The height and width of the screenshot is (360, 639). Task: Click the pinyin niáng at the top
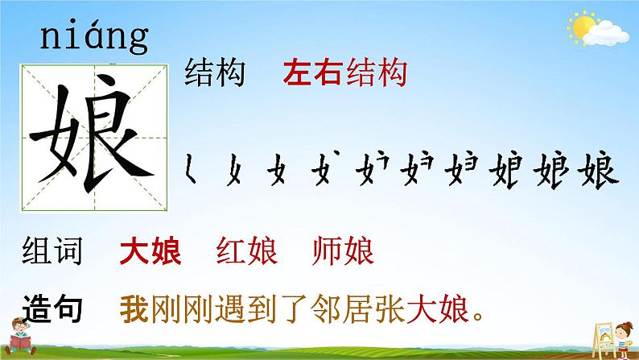click(x=94, y=37)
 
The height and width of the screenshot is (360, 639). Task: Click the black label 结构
click(x=215, y=72)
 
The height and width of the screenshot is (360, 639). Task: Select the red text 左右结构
click(x=345, y=72)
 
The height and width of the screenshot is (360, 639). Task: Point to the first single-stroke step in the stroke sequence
click(x=190, y=168)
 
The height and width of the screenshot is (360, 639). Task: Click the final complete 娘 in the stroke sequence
click(x=598, y=170)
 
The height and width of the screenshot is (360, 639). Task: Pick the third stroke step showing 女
click(x=277, y=169)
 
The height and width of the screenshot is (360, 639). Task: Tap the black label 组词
click(x=52, y=250)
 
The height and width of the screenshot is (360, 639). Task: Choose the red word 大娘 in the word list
click(x=150, y=250)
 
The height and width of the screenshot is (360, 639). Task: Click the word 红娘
click(x=247, y=250)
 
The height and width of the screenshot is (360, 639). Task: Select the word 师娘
click(x=343, y=250)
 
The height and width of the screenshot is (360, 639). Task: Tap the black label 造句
click(x=52, y=308)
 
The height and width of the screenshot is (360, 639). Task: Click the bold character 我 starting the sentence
click(x=134, y=308)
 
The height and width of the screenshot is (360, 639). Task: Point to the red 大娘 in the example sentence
click(x=438, y=308)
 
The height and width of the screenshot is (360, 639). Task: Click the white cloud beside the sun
click(x=606, y=34)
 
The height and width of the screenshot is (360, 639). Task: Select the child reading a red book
click(x=20, y=337)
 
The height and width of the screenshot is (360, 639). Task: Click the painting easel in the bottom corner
click(x=604, y=339)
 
